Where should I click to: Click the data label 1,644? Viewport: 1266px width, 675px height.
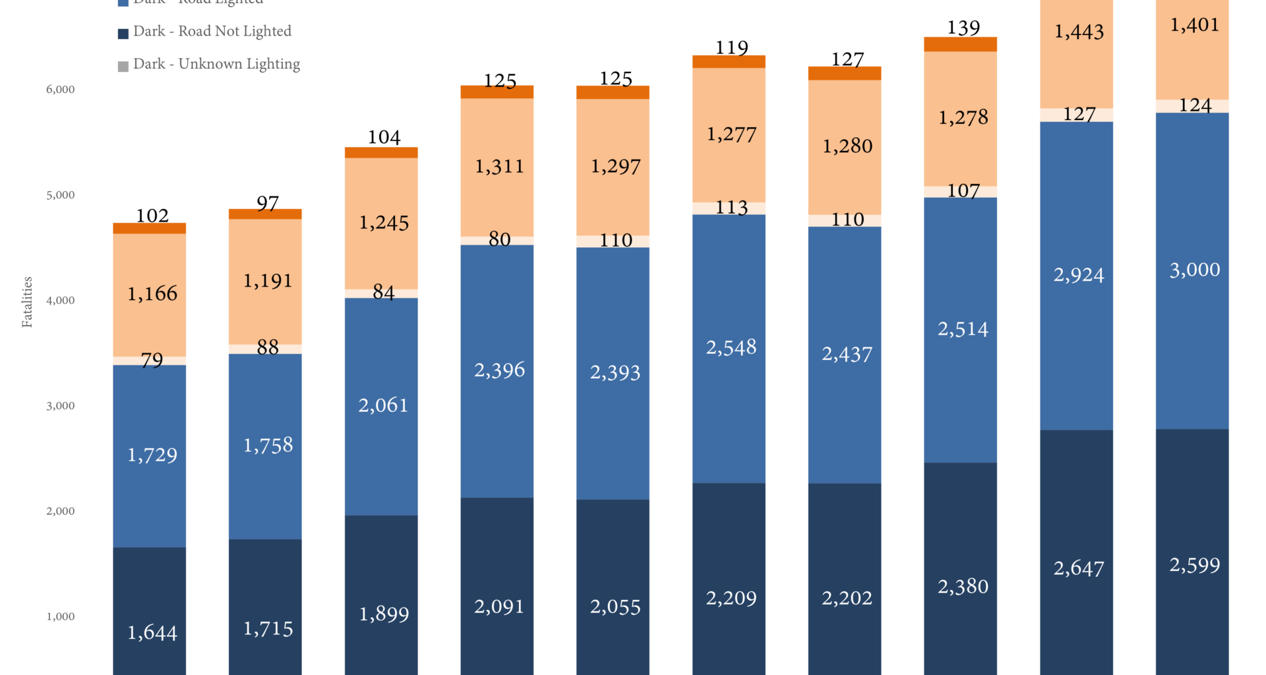(x=152, y=633)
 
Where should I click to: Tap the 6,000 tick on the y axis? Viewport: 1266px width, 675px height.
(x=60, y=90)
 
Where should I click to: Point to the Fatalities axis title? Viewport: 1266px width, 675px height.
(x=27, y=302)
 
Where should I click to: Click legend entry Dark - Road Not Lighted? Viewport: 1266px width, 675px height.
(x=212, y=32)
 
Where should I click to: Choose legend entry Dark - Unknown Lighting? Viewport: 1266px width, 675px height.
(x=216, y=65)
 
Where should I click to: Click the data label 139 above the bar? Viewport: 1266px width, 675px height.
(x=963, y=28)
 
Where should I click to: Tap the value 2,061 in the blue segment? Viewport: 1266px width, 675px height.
(x=383, y=405)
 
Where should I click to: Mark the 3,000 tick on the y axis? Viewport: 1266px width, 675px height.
(x=60, y=406)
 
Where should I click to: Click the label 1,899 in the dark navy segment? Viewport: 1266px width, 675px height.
(x=384, y=614)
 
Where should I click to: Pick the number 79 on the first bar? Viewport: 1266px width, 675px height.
(x=152, y=360)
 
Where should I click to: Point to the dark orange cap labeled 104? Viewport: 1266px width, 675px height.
(x=381, y=153)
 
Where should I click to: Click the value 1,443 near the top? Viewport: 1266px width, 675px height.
(x=1079, y=32)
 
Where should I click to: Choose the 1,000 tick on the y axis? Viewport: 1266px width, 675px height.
(x=60, y=617)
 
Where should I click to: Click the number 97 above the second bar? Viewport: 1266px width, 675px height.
(x=268, y=203)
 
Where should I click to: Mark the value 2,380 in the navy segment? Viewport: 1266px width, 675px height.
(x=963, y=587)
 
